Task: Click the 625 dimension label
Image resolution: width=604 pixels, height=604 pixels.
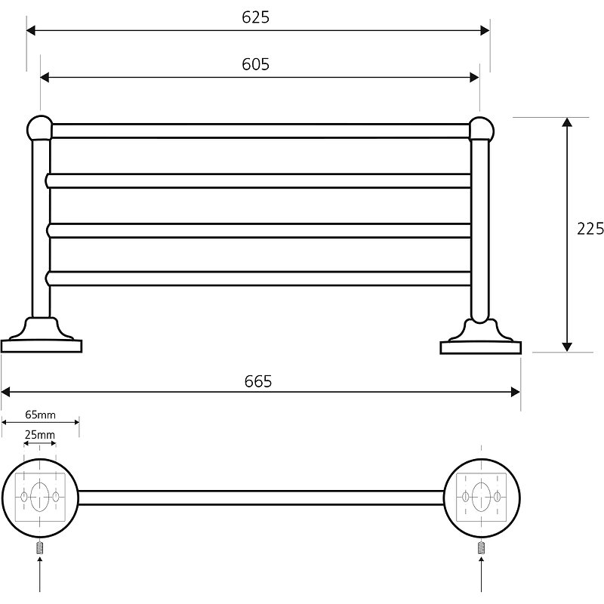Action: click(x=255, y=17)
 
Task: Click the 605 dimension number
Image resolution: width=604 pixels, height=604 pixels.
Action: click(x=255, y=64)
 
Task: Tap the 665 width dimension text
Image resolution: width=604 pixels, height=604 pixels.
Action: click(x=258, y=381)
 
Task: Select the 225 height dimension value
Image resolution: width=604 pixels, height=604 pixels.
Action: click(x=590, y=229)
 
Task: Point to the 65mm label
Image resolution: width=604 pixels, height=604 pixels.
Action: click(x=41, y=414)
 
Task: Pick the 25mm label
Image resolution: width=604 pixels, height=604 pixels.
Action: click(x=40, y=435)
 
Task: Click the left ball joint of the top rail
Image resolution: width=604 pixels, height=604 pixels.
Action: click(x=40, y=128)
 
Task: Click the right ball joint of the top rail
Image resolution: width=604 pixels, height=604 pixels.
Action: click(x=481, y=129)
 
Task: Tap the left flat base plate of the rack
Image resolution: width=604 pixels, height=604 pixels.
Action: click(x=42, y=346)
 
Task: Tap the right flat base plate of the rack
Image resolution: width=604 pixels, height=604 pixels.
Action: click(x=481, y=347)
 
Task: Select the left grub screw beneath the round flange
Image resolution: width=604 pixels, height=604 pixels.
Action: click(x=40, y=547)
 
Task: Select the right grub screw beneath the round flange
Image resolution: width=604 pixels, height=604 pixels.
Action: click(x=481, y=547)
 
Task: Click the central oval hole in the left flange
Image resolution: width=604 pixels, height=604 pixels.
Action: click(x=40, y=497)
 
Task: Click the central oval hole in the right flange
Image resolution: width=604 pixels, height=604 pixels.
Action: click(x=481, y=497)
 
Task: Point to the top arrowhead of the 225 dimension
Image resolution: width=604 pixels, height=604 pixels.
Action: click(x=567, y=122)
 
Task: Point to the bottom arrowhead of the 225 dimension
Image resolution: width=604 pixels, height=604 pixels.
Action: click(x=567, y=347)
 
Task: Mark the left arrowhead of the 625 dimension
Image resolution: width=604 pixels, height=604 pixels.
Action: click(x=31, y=30)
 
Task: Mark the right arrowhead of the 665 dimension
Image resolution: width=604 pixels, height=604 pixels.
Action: click(x=516, y=392)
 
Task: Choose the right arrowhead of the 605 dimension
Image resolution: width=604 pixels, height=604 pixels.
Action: click(x=475, y=78)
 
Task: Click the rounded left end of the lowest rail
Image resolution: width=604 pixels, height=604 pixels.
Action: click(x=48, y=279)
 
